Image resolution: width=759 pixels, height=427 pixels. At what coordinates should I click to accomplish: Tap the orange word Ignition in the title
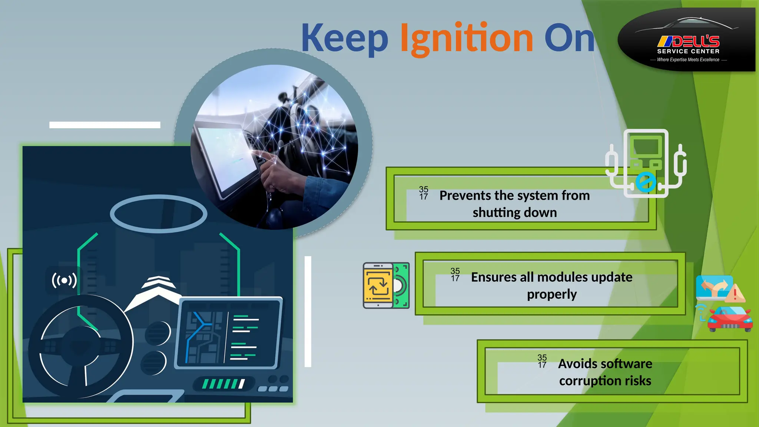[466, 38]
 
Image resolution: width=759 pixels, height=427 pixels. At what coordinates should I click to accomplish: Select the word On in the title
[569, 38]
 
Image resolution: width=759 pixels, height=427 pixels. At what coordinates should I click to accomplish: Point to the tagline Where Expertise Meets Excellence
[688, 60]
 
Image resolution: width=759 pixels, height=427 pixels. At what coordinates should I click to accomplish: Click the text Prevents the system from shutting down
[514, 204]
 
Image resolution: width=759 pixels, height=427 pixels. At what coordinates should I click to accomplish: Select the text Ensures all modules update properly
[551, 285]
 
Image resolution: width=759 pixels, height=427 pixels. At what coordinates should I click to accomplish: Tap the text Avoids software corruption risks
[605, 372]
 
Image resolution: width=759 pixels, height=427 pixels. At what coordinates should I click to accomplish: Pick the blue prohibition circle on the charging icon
[645, 182]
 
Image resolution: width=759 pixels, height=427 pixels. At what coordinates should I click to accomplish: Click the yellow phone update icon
[379, 285]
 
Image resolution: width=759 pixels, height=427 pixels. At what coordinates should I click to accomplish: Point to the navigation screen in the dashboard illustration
[228, 333]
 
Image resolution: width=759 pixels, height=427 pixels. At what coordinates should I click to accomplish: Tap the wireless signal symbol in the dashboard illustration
[64, 281]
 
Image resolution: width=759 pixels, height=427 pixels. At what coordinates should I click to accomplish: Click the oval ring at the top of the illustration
[159, 214]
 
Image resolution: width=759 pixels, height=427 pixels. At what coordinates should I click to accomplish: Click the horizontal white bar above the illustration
[105, 125]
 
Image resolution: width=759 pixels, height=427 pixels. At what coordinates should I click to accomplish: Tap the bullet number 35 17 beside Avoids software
[542, 361]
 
